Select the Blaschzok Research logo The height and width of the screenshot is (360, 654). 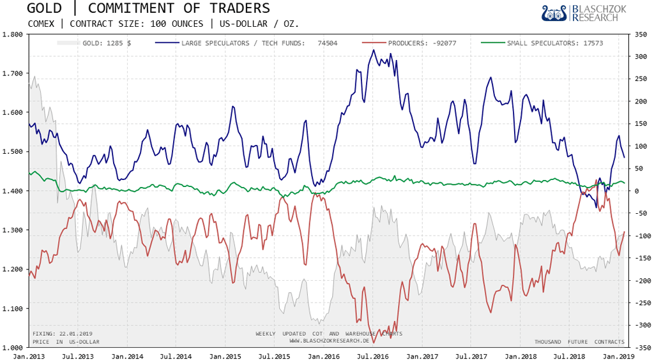(x=580, y=13)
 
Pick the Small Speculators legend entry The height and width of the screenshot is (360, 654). (x=554, y=43)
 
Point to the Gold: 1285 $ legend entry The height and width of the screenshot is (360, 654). (x=107, y=43)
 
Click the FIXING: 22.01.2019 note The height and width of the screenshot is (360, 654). (x=63, y=334)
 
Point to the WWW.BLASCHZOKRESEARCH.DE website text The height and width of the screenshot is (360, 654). (x=329, y=341)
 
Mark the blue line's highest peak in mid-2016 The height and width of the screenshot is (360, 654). (x=374, y=50)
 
